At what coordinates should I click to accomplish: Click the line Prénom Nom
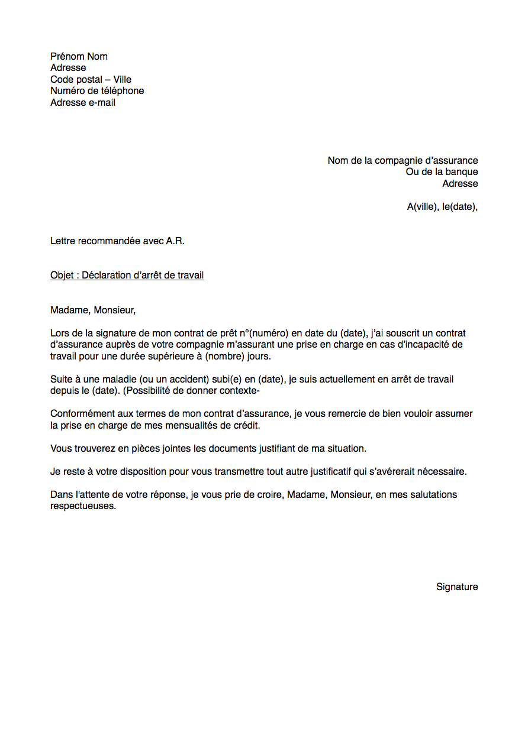point(79,57)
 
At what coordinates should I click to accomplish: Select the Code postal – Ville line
point(91,80)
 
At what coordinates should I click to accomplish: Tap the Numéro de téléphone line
point(97,91)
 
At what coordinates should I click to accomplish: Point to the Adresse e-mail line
point(83,103)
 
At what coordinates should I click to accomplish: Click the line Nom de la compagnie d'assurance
point(403,161)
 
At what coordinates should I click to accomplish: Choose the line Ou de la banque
point(442,172)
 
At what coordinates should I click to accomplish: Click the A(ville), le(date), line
point(442,207)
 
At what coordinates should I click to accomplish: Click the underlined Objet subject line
point(127,276)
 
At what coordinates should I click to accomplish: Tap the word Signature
point(457,587)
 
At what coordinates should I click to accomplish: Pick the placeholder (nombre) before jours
point(224,357)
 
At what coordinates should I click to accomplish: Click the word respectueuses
point(82,507)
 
